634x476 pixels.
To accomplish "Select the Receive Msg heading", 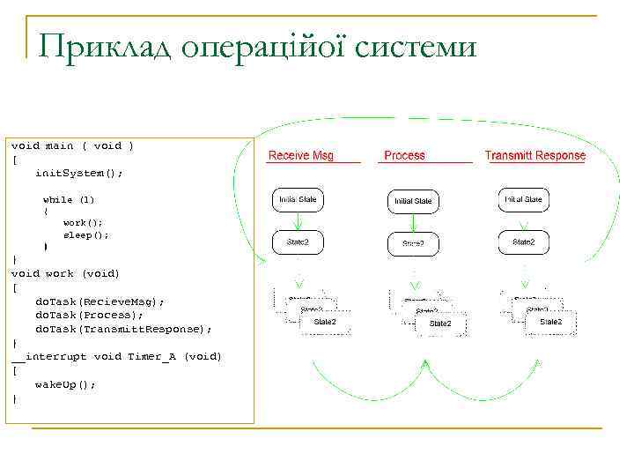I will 301,156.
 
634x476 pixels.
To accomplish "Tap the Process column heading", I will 404,156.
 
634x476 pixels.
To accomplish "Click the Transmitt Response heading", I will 534,156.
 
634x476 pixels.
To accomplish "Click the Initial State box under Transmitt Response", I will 524,200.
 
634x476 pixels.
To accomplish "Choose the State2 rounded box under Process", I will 413,243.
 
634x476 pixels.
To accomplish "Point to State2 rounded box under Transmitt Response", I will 524,242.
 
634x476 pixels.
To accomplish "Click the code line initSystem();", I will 78,173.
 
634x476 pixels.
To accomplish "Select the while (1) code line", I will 69,200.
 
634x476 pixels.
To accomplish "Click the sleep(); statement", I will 85,235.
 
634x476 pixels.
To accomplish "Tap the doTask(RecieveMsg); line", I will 100,301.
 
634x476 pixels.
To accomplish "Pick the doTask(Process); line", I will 89,315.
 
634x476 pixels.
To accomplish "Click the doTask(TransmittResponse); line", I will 123,329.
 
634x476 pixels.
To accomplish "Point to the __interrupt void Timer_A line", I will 116,357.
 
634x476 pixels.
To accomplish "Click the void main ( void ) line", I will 72,145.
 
